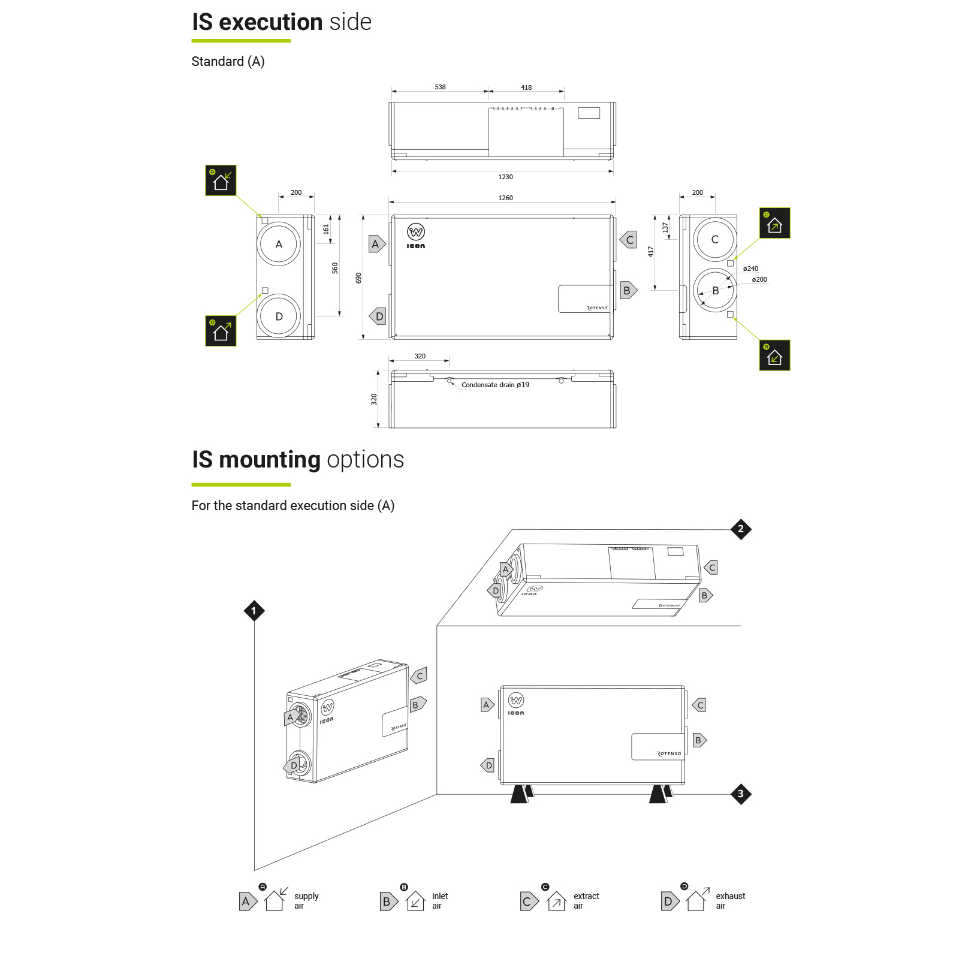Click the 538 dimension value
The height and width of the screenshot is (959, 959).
[x=440, y=87]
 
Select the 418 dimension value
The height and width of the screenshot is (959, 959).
[x=526, y=88]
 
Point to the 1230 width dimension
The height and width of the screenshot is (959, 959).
[x=505, y=177]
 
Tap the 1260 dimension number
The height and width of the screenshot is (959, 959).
[x=505, y=198]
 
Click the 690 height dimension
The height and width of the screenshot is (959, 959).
[x=358, y=278]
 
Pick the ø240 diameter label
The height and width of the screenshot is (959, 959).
[x=750, y=269]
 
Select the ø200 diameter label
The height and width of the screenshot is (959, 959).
[x=759, y=279]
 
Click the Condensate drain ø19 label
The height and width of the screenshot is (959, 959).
[x=495, y=385]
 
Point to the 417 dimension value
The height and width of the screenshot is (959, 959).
[x=650, y=252]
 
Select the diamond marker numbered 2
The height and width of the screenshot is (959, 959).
[x=741, y=529]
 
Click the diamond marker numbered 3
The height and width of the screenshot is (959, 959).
[x=741, y=794]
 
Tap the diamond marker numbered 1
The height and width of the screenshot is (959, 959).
[x=254, y=611]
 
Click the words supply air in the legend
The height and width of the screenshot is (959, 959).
[x=306, y=901]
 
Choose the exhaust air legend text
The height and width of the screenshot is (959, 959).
[x=730, y=901]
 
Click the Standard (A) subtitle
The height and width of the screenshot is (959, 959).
[x=228, y=62]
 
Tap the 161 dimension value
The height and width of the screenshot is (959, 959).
[x=326, y=229]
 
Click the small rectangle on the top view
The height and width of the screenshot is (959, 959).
[x=589, y=113]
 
